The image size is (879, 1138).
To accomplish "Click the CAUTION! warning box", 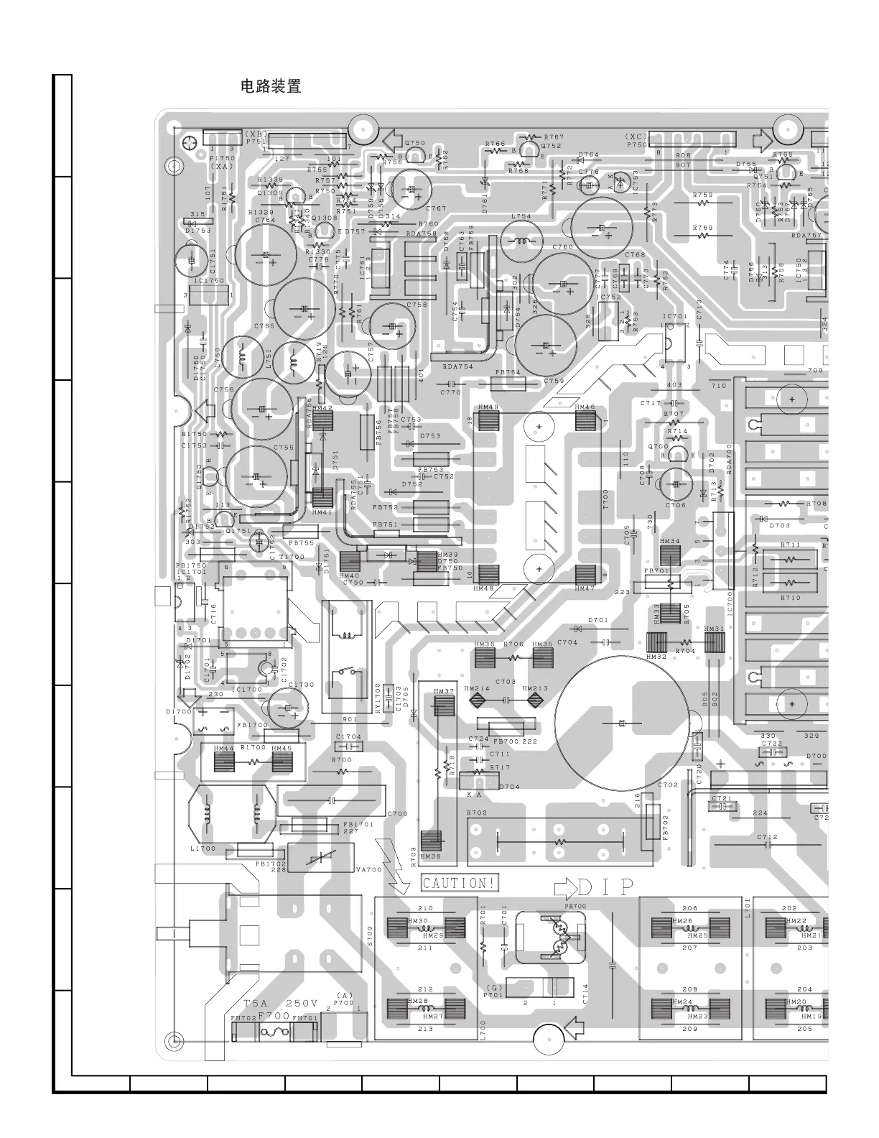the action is (x=460, y=883).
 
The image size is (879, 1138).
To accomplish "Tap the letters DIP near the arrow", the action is (x=607, y=888).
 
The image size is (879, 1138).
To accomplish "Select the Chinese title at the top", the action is (x=271, y=87).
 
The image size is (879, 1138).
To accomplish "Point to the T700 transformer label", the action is (x=605, y=499).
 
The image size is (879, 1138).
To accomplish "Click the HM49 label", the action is (x=488, y=407).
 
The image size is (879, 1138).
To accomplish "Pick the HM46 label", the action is (x=585, y=407).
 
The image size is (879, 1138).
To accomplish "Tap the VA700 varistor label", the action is (x=368, y=869).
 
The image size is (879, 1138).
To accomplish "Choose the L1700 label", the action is (x=203, y=848).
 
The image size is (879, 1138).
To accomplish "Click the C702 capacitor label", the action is (x=668, y=785).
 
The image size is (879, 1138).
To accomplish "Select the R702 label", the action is (x=477, y=813).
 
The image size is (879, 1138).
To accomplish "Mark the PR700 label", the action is (x=575, y=906).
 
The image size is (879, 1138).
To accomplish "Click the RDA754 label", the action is (x=457, y=366).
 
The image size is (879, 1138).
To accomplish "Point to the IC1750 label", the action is (x=210, y=281).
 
